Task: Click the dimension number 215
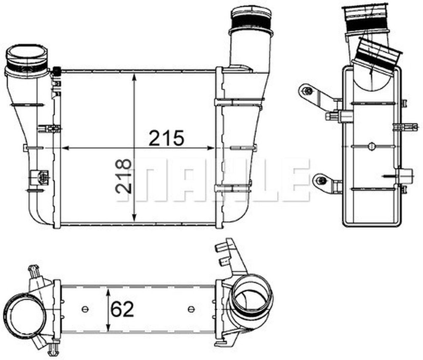166,138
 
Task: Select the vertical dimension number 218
124,176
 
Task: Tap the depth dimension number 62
122,309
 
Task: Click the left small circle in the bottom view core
85,309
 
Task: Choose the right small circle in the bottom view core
190,309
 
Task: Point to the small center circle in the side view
372,145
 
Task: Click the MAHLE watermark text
213,180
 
